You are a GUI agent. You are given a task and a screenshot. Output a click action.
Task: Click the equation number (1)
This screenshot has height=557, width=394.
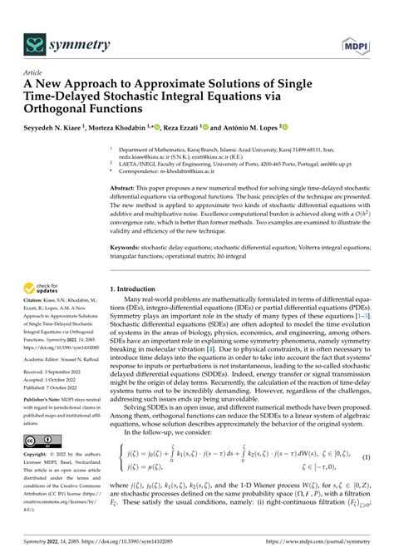(366, 481)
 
